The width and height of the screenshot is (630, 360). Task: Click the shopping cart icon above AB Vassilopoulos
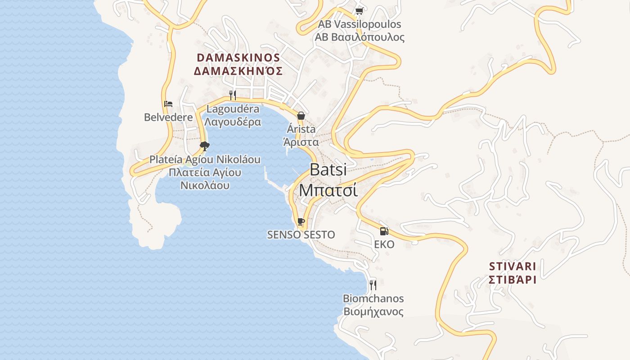point(359,11)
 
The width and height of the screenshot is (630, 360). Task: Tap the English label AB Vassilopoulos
point(359,24)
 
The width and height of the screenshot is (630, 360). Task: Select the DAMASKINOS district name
point(238,58)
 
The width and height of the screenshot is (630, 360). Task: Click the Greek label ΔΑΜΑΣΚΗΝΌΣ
point(238,71)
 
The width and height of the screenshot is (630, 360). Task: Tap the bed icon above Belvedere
point(168,104)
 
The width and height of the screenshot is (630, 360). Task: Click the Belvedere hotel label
point(168,117)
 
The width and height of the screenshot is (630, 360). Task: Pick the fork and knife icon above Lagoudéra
point(233,95)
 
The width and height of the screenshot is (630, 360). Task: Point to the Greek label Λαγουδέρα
point(233,122)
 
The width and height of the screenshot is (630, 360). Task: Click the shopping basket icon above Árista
point(301,116)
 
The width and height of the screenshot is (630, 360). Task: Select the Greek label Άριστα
point(301,142)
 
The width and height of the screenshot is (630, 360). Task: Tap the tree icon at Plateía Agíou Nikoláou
point(205,146)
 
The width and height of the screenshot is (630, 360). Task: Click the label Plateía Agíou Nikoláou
point(205,160)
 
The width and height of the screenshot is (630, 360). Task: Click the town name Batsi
point(328,170)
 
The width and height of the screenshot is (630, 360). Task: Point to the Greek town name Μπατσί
point(328,190)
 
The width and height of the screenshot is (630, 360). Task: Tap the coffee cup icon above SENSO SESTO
point(301,221)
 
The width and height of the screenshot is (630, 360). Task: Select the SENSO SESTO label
point(301,235)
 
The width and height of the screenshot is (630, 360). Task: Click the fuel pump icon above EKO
point(384,231)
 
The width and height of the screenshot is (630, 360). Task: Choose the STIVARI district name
point(513,265)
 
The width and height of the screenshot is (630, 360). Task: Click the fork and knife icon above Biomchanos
point(373,285)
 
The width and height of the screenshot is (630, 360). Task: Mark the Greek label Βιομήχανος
point(373,312)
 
